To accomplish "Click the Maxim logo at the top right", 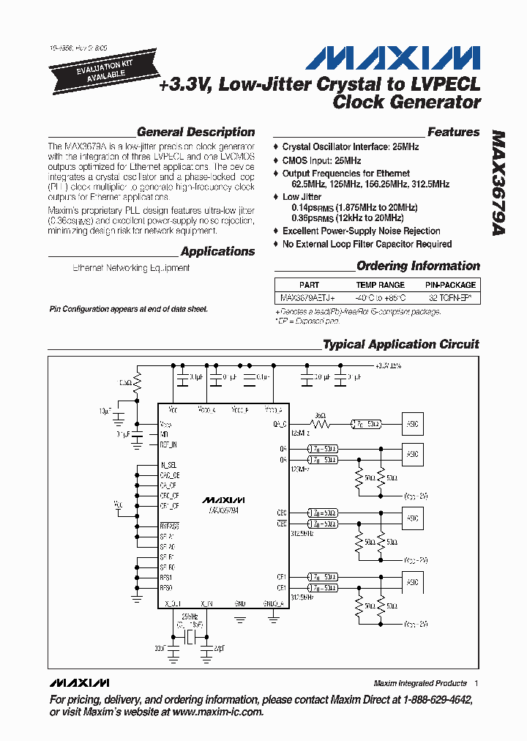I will pos(392,59).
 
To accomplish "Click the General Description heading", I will pos(195,133).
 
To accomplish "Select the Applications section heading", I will pos(217,252).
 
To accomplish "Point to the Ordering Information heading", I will pos(418,266).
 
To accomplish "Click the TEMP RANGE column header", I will pos(380,285).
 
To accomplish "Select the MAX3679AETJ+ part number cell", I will pos(307,298).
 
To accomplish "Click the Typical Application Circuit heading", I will pos(401,344).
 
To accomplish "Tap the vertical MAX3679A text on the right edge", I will pos(498,193).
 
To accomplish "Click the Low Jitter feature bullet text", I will pos(302,197).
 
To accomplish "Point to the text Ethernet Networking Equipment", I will pos(131,268).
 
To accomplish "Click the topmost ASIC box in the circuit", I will pos(413,424).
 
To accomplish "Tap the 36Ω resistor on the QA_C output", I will pos(319,416).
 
